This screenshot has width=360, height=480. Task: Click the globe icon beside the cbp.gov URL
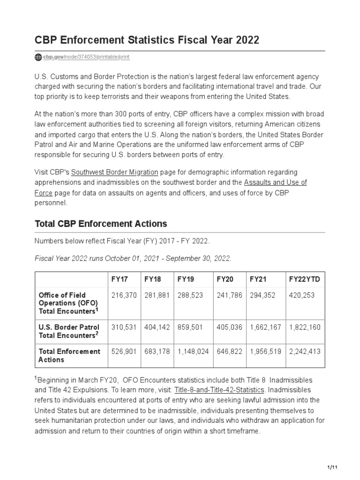pos(38,57)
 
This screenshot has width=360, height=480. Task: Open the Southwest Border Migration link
pos(115,172)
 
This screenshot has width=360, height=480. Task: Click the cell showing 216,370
pos(123,295)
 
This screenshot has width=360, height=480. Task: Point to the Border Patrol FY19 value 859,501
pos(190,327)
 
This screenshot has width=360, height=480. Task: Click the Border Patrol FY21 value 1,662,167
pos(265,327)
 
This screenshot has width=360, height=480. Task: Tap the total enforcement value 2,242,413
pos(305,352)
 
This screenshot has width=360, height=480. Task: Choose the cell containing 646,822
pos(229,352)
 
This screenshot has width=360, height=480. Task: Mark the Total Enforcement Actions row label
pos(69,356)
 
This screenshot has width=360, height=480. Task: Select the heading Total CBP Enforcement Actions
pos(101,224)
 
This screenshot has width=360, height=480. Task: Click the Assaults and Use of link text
pos(276,182)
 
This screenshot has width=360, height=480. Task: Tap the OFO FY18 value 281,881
pos(156,295)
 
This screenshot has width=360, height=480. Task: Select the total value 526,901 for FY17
pos(123,352)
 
